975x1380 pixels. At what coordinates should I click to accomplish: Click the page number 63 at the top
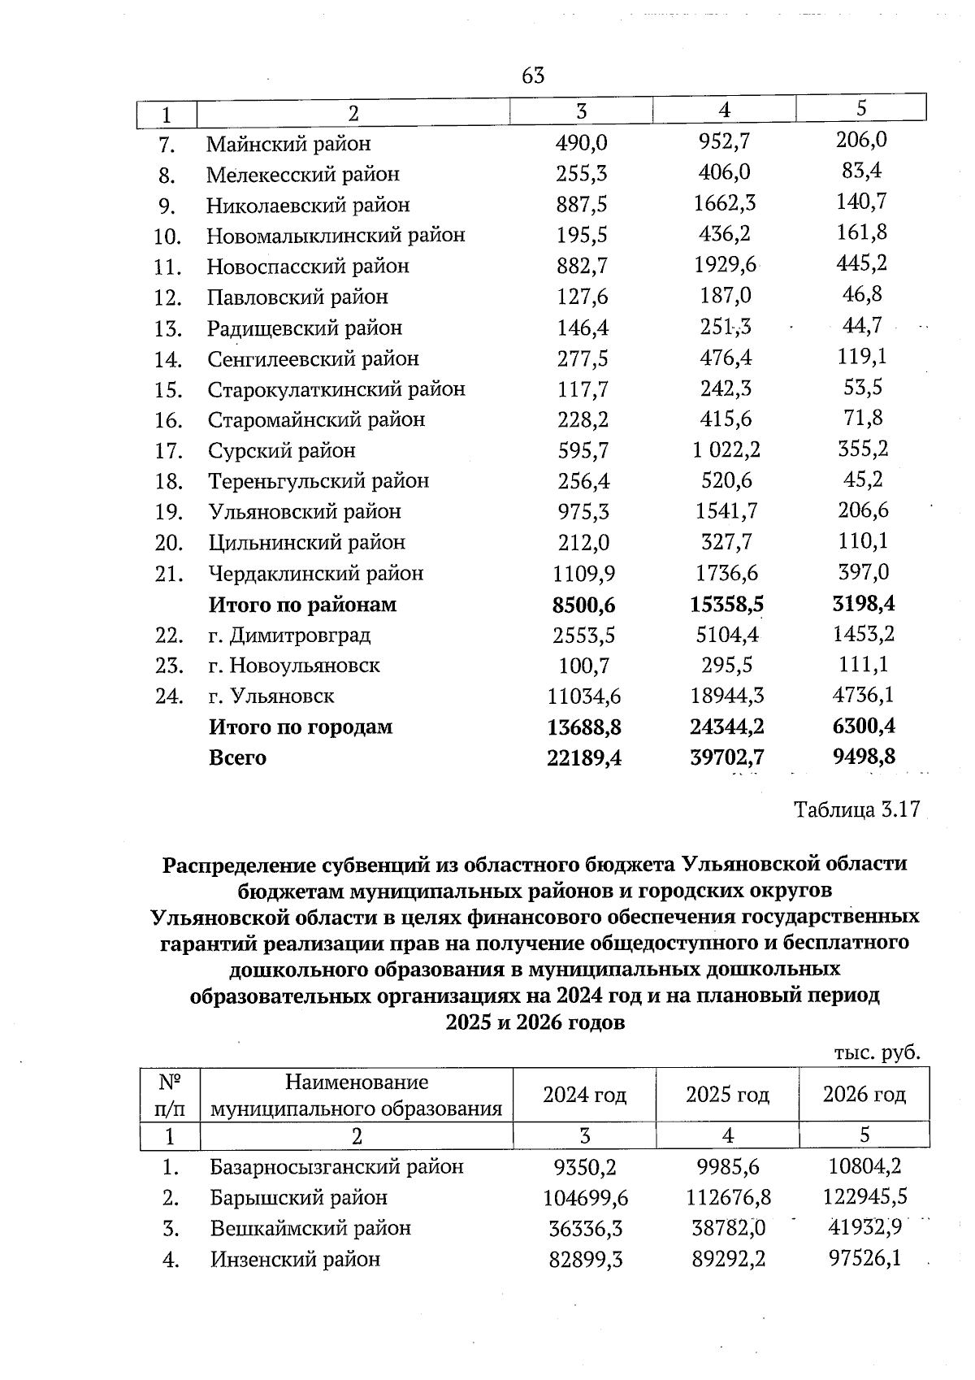tap(533, 76)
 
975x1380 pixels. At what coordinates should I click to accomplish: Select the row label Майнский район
tap(288, 144)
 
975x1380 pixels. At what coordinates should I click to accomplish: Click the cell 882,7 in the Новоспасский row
tap(582, 266)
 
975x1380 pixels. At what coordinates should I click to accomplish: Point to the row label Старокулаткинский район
tap(336, 389)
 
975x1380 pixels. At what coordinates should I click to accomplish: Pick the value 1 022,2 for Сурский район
tap(726, 449)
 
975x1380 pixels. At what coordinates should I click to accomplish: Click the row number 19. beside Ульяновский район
tap(168, 512)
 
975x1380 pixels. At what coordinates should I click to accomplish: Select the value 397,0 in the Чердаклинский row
tap(863, 572)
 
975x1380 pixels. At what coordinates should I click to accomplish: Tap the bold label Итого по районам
tap(302, 605)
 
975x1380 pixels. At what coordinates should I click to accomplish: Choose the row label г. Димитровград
tap(289, 635)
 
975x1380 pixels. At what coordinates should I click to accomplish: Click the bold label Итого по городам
tap(300, 727)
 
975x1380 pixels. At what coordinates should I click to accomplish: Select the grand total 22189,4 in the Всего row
tap(585, 757)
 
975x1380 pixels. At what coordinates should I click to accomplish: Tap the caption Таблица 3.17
tap(856, 810)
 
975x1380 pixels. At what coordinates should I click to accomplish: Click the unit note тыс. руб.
tap(877, 1053)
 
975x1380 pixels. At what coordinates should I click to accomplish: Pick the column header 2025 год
tap(727, 1095)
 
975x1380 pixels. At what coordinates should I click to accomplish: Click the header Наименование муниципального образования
tap(356, 1096)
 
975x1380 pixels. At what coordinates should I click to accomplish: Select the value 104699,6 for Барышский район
tap(585, 1198)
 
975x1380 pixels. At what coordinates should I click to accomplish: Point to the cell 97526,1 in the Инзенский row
tap(864, 1259)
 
